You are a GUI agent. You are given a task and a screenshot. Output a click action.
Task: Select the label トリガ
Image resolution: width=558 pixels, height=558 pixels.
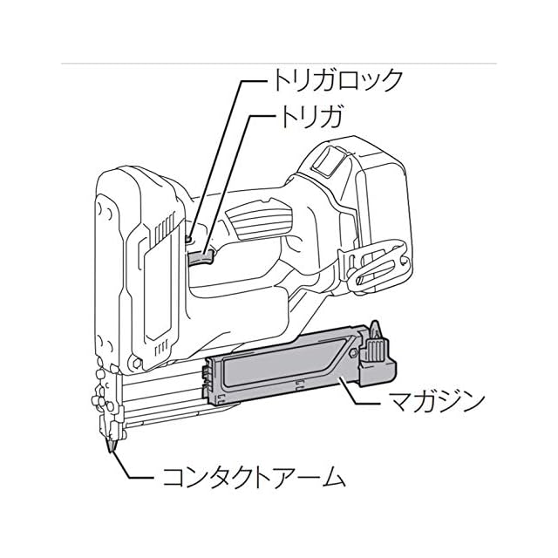pyautogui.click(x=309, y=115)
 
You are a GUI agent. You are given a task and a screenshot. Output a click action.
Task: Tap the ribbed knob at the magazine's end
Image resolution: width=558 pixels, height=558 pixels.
pyautogui.click(x=374, y=348)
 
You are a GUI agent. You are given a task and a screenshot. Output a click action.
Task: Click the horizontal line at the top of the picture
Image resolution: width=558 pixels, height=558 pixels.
pyautogui.click(x=279, y=63)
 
